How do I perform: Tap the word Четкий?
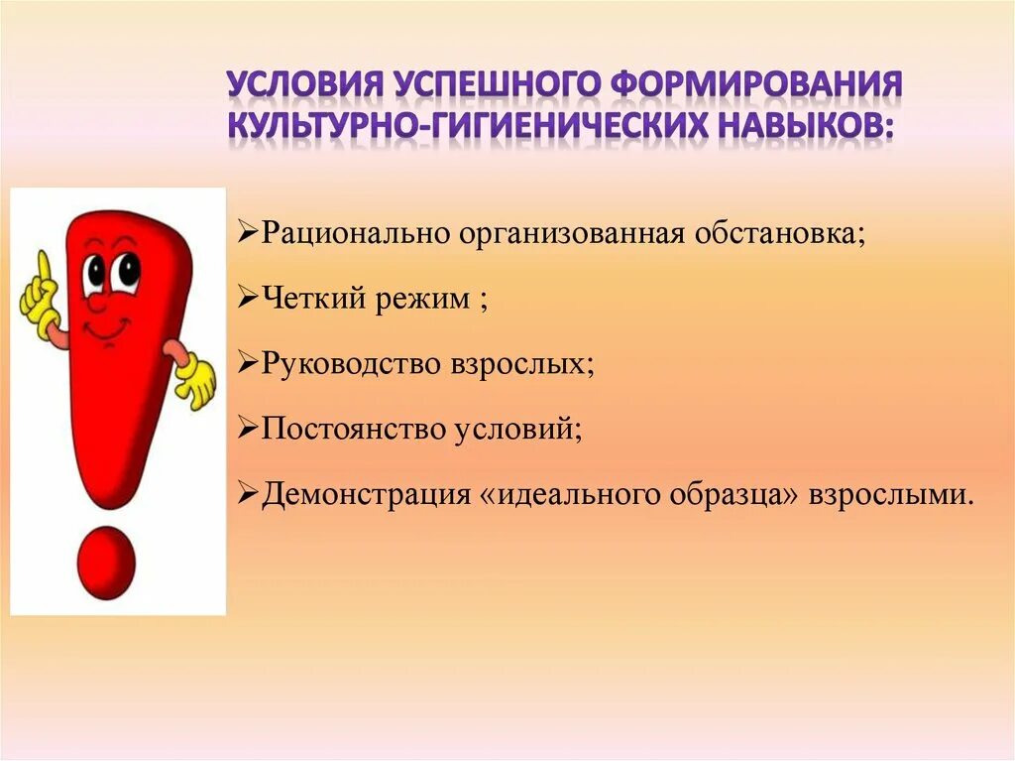pos(304,299)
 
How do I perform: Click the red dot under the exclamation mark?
pos(105,562)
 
